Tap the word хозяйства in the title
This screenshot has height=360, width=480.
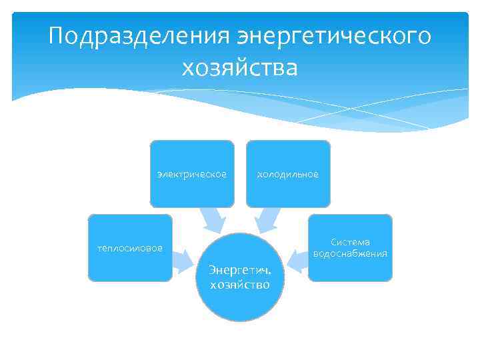point(239,67)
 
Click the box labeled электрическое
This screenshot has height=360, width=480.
point(192,173)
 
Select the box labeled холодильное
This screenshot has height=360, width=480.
point(288,173)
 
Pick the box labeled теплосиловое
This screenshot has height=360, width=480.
point(130,248)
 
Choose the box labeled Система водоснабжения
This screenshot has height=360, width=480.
point(350,248)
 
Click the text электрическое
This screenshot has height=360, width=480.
point(192,175)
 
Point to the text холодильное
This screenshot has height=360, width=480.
point(288,175)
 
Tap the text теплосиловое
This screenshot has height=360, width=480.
point(130,249)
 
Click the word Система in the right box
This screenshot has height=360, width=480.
point(351,242)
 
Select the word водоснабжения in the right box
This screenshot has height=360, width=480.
point(350,254)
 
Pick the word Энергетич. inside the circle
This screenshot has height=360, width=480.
point(239,270)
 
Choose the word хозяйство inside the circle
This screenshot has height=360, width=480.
point(239,285)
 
